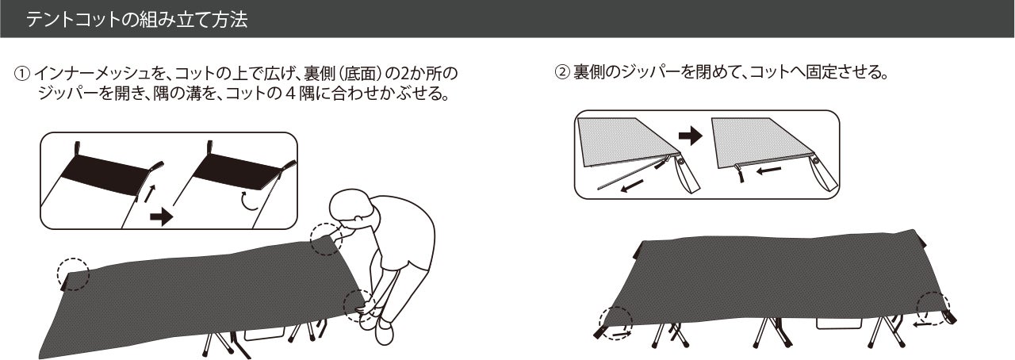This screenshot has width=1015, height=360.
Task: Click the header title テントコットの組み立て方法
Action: pyautogui.click(x=136, y=20)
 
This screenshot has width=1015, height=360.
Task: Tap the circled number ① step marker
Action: pyautogui.click(x=23, y=74)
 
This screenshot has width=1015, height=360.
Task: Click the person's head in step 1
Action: pyautogui.click(x=353, y=208)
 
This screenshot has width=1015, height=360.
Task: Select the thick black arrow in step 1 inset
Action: pyautogui.click(x=161, y=216)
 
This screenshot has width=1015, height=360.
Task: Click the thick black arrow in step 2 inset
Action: pyautogui.click(x=690, y=136)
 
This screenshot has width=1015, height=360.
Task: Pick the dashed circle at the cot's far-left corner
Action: pyautogui.click(x=73, y=274)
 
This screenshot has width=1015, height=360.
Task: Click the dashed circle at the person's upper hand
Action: pyautogui.click(x=326, y=239)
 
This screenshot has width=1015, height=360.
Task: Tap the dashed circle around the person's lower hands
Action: pyautogui.click(x=360, y=305)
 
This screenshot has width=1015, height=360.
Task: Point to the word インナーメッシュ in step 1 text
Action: pyautogui.click(x=94, y=74)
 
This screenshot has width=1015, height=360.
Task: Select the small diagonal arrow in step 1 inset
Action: pyautogui.click(x=150, y=193)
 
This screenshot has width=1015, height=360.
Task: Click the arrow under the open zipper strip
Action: pyautogui.click(x=632, y=185)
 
